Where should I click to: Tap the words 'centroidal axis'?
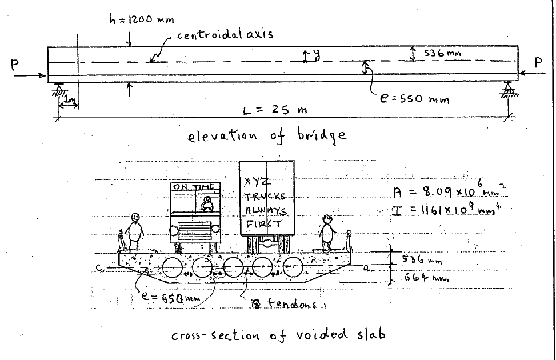point(225,34)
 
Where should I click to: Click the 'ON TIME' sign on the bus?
point(195,187)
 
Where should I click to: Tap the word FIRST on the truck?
point(263,223)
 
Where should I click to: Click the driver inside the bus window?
point(207,204)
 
